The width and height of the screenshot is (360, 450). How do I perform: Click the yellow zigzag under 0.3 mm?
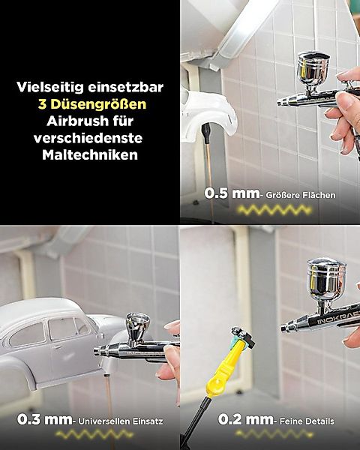tap(89, 435)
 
